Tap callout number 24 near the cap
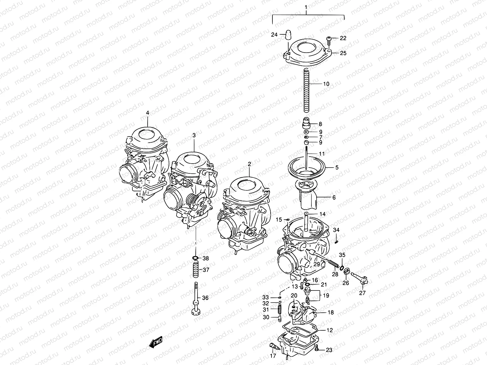coord(274,35)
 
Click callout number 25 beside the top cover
coord(343,53)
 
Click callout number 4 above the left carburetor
coord(148,113)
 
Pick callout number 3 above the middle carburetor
coord(194,135)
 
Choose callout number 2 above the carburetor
coord(249,164)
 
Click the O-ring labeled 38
coord(196,259)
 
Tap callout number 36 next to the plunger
coord(205,298)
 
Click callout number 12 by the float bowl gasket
coord(329,330)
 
